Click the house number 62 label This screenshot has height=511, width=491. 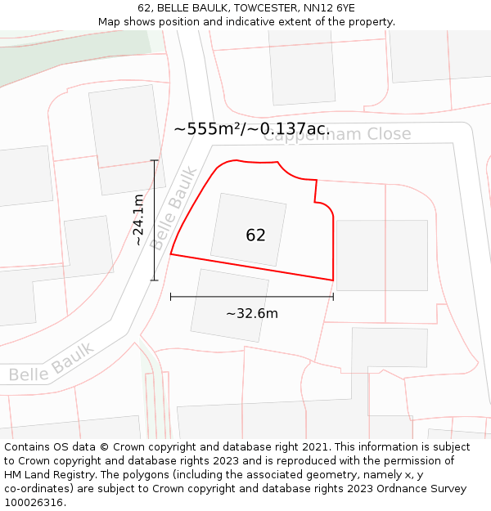click(255, 235)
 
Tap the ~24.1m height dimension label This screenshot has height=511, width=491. click(139, 220)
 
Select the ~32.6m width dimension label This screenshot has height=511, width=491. click(252, 313)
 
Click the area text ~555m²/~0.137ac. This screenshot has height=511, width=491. click(251, 128)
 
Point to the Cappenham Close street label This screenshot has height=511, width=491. click(337, 135)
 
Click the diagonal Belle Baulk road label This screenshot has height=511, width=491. click(173, 208)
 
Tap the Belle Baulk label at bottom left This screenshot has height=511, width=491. click(51, 362)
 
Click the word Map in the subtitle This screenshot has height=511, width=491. click(110, 22)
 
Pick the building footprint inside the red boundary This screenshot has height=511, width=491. click(248, 229)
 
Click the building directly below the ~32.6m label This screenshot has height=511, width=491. click(229, 305)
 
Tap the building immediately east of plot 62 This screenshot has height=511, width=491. click(382, 255)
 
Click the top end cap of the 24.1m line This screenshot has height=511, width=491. click(155, 160)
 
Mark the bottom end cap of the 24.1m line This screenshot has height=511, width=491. click(155, 280)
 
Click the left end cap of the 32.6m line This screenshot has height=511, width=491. click(170, 296)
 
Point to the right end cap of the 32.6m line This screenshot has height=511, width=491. click(333, 296)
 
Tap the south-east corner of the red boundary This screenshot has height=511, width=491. click(333, 280)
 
